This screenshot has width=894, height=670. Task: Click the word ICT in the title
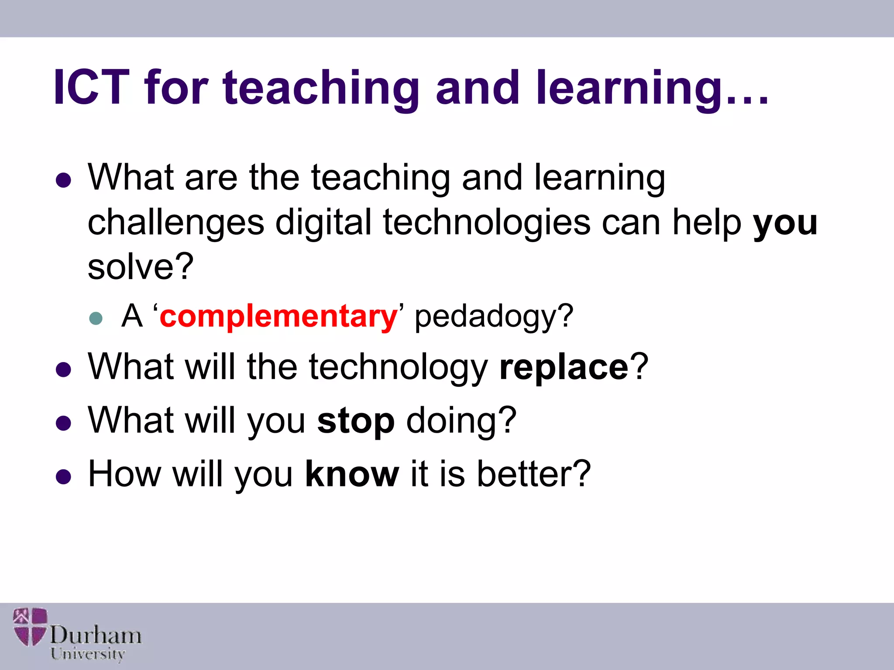[x=92, y=88]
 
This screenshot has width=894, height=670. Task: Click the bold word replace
[x=564, y=367]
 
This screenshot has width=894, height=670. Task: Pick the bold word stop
[x=356, y=421]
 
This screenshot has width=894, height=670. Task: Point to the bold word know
[x=352, y=474]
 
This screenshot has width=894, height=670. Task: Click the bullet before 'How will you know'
[x=64, y=477]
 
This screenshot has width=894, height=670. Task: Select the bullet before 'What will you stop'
[x=64, y=423]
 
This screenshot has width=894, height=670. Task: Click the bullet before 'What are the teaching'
[x=64, y=180]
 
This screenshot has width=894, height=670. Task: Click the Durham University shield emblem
[x=30, y=627]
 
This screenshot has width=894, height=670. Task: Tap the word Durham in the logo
[x=96, y=635]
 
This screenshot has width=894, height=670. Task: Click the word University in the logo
[x=88, y=654]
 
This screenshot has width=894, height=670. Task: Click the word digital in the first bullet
[x=323, y=222]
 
